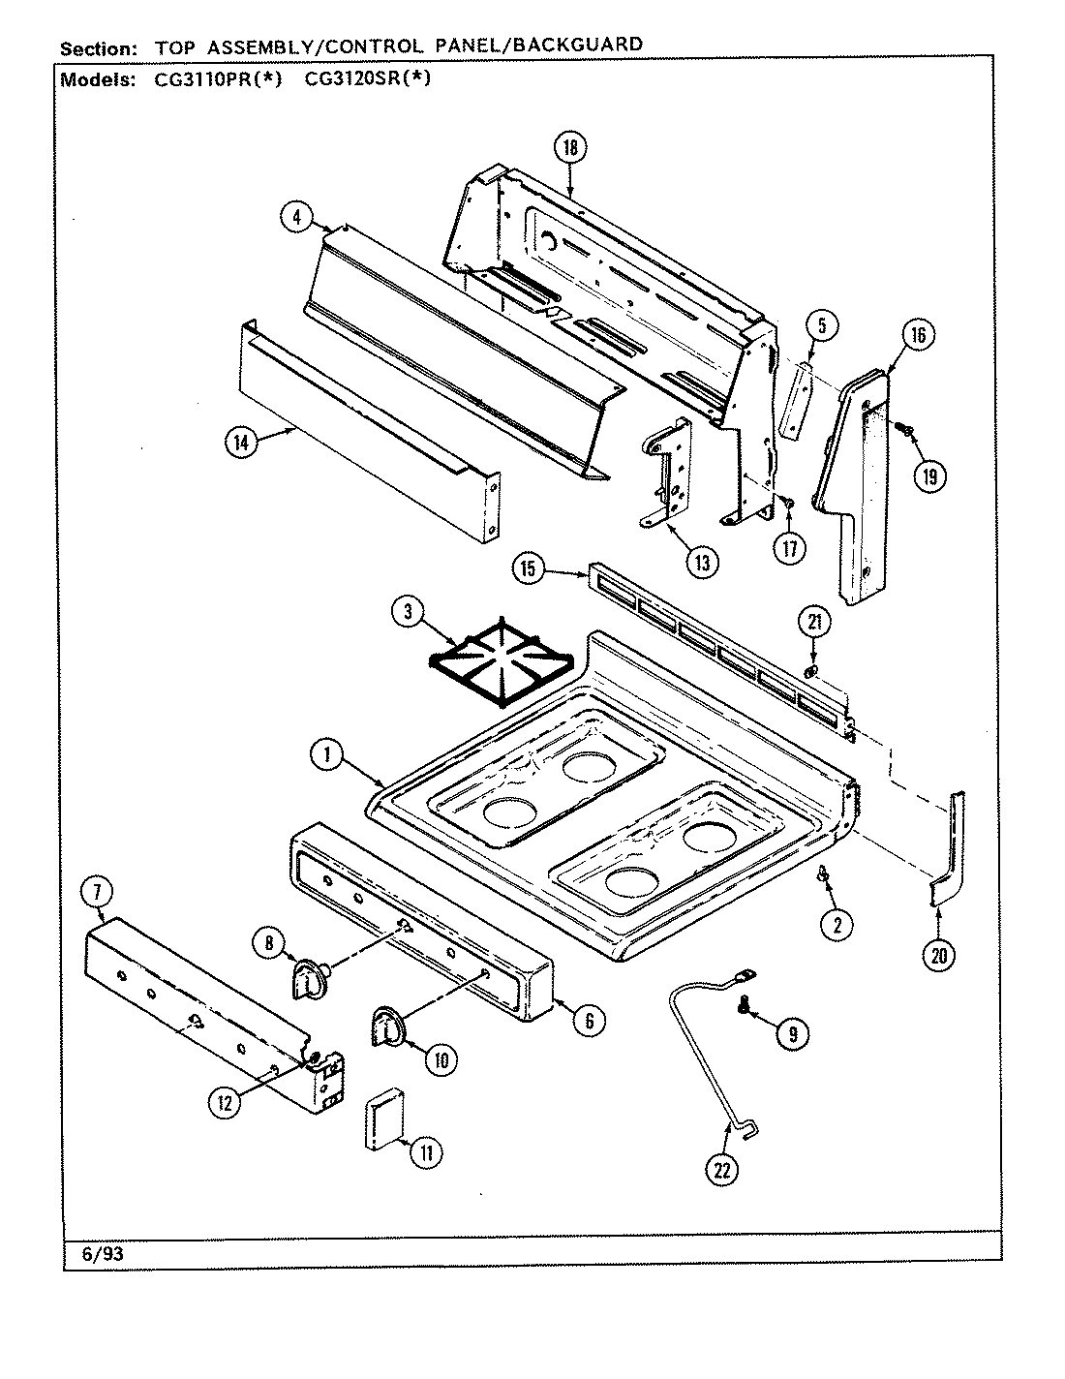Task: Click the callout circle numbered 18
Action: (x=571, y=147)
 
